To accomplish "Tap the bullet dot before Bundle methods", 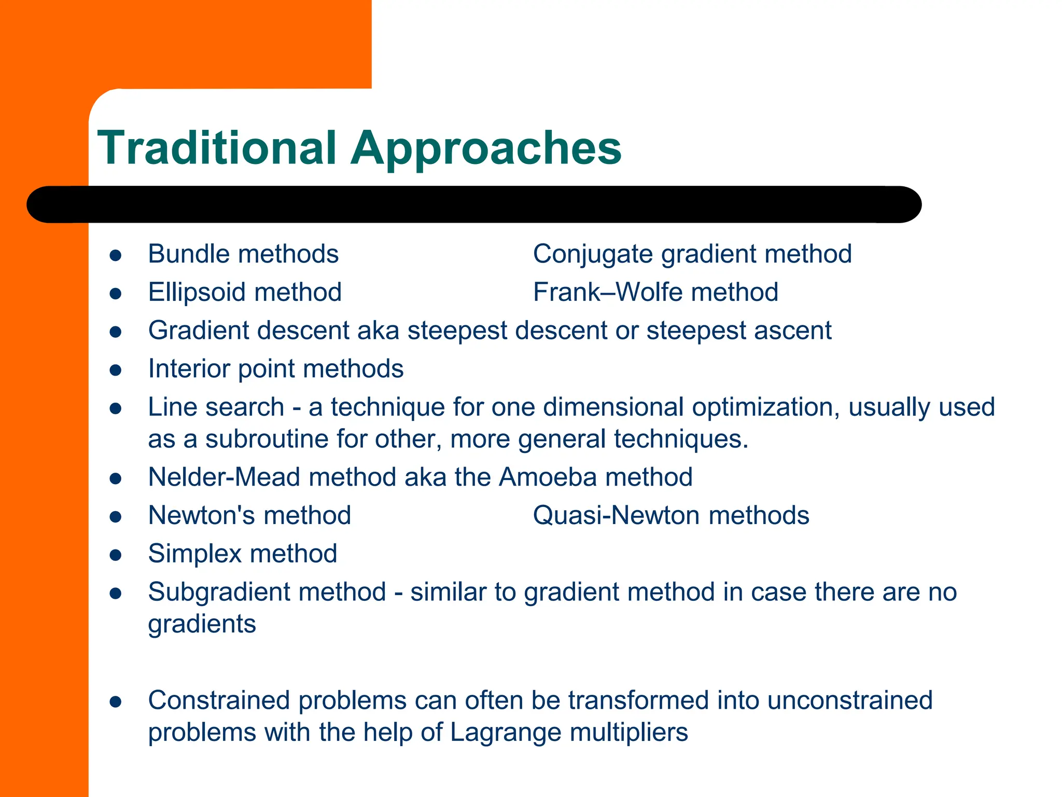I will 116,256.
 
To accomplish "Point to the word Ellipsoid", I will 197,292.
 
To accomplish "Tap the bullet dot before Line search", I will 116,409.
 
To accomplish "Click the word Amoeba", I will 548,477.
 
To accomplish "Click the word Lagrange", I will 505,732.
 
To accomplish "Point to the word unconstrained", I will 849,700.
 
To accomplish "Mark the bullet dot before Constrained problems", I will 116,702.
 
